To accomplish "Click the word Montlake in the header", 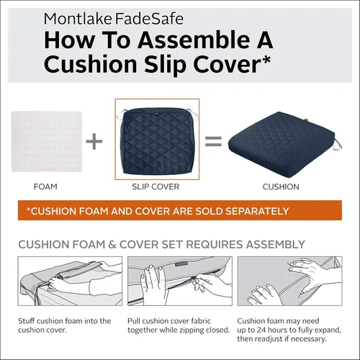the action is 78,19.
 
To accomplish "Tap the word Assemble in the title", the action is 193,40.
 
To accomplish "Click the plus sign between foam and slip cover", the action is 94,141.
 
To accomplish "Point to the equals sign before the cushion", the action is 213,141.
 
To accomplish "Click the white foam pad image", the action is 47,141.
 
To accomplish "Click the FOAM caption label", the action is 45,186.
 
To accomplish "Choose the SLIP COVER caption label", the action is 156,186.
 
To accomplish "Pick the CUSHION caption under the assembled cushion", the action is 281,186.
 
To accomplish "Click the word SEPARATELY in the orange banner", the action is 257,211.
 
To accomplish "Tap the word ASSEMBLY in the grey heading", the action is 275,244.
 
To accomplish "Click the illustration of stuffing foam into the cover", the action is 70,281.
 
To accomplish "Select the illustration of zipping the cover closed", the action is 180,281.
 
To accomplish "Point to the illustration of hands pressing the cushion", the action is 289,281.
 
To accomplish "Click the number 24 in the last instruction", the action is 262,330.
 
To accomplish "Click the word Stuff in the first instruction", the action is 27,321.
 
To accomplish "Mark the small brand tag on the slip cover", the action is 157,112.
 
